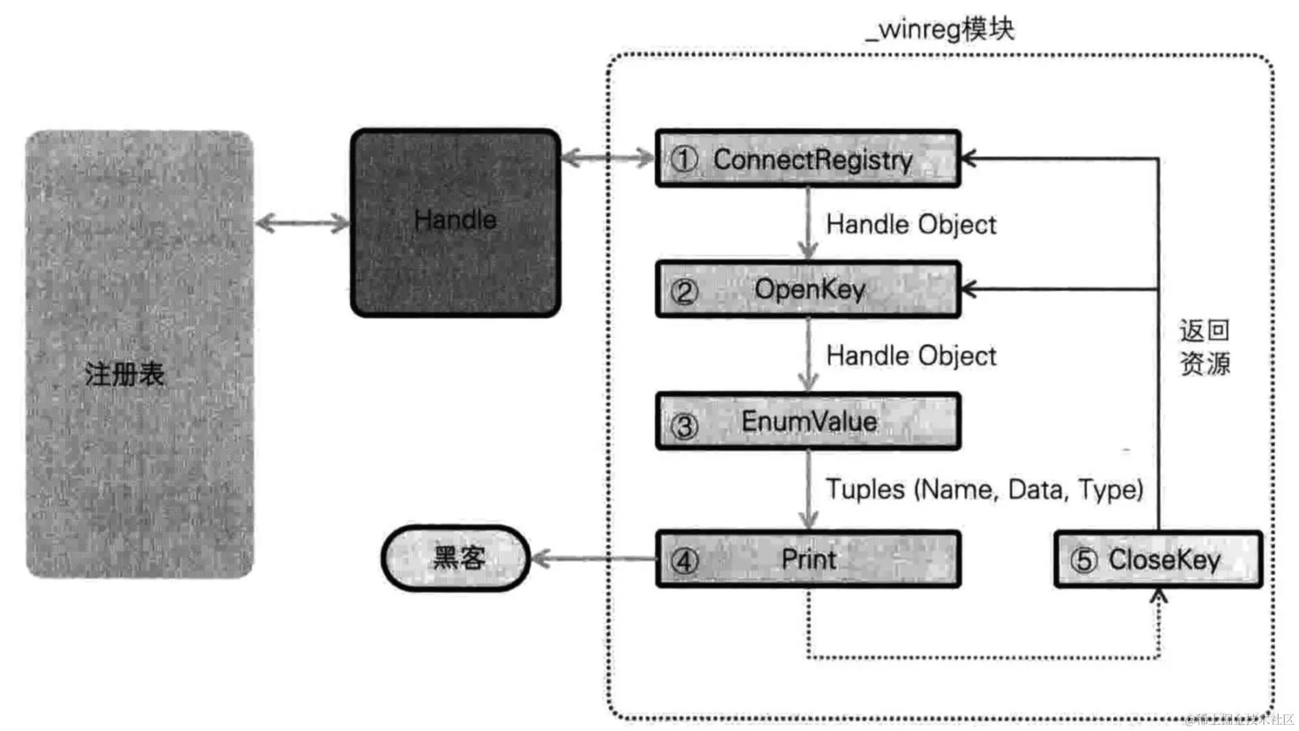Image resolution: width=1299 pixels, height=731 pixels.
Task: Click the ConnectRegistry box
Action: (x=807, y=159)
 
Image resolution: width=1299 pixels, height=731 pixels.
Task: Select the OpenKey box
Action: (x=807, y=289)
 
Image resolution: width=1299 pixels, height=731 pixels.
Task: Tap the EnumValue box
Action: (x=807, y=421)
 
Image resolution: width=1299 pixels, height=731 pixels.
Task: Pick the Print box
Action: (x=807, y=559)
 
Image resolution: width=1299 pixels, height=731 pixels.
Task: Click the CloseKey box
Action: (x=1158, y=559)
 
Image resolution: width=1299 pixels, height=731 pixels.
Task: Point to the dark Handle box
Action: (x=455, y=223)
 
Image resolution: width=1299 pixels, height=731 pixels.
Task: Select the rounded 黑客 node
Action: (x=457, y=558)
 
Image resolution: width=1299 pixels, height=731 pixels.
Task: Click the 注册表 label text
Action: (x=124, y=374)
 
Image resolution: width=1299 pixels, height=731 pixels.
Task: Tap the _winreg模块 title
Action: (x=939, y=29)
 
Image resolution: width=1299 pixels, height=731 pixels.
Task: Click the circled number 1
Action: (x=684, y=159)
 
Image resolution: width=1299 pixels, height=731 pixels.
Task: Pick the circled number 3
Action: (x=684, y=426)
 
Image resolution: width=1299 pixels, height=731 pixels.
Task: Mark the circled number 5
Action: (x=1083, y=560)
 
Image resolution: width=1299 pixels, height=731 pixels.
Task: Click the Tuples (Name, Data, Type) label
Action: (x=984, y=489)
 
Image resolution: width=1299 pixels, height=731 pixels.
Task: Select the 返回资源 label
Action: (x=1204, y=347)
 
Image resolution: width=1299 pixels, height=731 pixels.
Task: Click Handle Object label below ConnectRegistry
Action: (x=910, y=225)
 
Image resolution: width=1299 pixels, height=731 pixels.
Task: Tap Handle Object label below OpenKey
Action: (x=910, y=356)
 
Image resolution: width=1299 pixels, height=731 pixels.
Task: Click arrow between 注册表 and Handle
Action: (x=302, y=223)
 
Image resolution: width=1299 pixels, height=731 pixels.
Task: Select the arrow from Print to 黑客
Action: (x=593, y=559)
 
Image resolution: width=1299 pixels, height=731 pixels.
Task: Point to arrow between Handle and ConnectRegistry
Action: (x=608, y=159)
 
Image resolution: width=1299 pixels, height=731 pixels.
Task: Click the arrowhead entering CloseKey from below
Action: (x=1158, y=597)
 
